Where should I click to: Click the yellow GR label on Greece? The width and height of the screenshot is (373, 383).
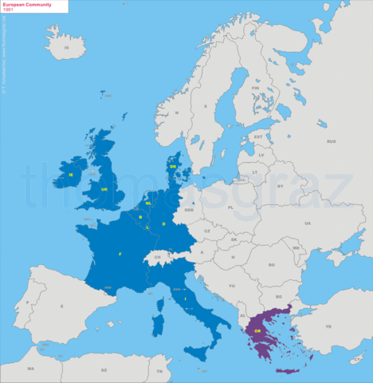(258, 330)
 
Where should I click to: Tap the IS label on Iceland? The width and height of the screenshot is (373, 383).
(67, 48)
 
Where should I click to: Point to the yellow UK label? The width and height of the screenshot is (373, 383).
(104, 189)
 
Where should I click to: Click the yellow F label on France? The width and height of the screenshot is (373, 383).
(120, 254)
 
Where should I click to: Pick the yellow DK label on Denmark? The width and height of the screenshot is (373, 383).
(173, 166)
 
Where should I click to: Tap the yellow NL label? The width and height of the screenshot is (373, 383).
(148, 203)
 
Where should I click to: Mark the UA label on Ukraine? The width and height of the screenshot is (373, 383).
(307, 223)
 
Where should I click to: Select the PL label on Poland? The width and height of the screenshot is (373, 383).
(230, 207)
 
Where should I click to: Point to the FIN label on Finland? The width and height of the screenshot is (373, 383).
(256, 89)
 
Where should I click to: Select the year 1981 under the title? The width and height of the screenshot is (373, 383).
(9, 10)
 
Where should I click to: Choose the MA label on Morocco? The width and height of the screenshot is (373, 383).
(30, 369)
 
